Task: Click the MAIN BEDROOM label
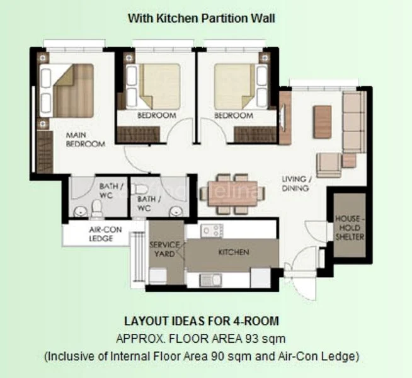pyautogui.click(x=86, y=139)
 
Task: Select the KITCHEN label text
pyautogui.click(x=233, y=252)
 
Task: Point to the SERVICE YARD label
pyautogui.click(x=165, y=249)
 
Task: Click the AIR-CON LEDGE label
pyautogui.click(x=101, y=234)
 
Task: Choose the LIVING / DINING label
pyautogui.click(x=295, y=183)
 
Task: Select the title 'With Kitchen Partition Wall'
pyautogui.click(x=202, y=18)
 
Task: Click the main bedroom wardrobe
pyautogui.click(x=43, y=151)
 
